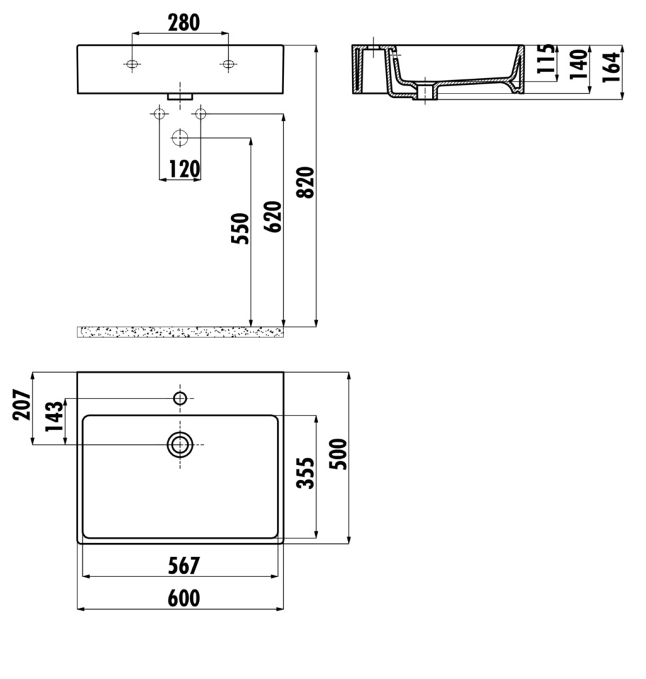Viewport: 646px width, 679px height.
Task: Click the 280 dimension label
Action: pyautogui.click(x=183, y=23)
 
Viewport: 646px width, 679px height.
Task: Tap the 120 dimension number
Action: pyautogui.click(x=184, y=169)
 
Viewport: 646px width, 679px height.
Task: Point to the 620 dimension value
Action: pyautogui.click(x=272, y=217)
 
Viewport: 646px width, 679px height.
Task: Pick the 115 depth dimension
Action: pyautogui.click(x=545, y=58)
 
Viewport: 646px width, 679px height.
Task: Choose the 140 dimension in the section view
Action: pyautogui.click(x=578, y=64)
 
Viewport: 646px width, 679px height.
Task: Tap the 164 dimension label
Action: pyautogui.click(x=611, y=67)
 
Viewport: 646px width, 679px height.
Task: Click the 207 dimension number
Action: pyautogui.click(x=22, y=405)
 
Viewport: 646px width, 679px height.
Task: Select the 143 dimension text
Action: pyautogui.click(x=54, y=416)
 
